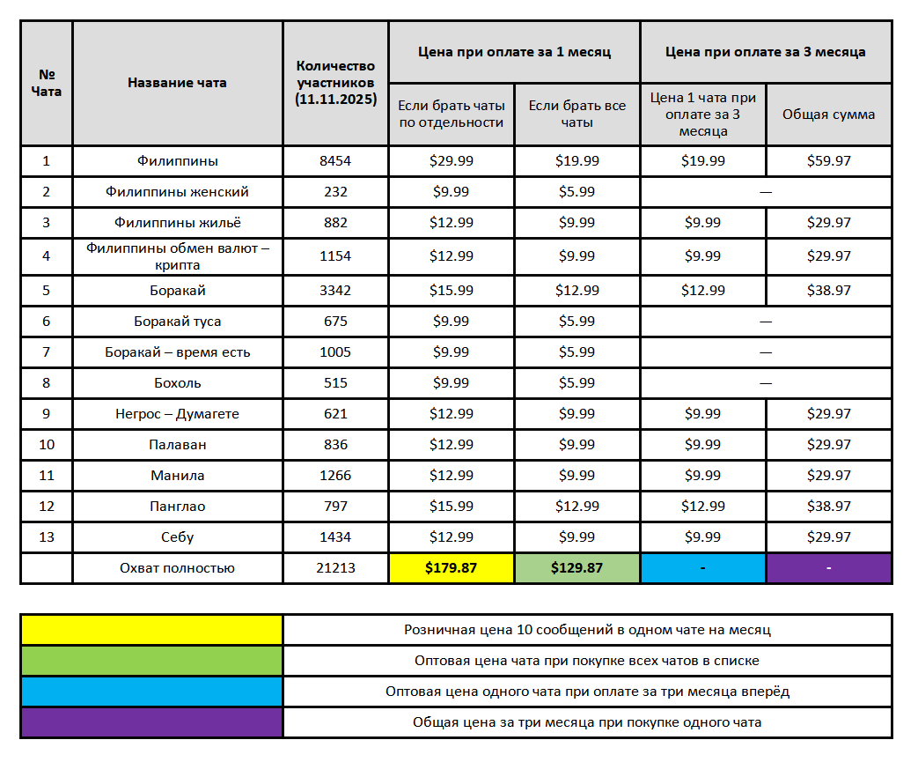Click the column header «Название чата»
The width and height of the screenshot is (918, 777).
click(x=177, y=83)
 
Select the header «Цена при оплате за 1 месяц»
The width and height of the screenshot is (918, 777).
click(x=514, y=52)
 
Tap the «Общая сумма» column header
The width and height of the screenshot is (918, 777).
click(x=829, y=115)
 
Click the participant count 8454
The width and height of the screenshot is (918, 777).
click(x=335, y=161)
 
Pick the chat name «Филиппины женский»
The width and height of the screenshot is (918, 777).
click(x=177, y=192)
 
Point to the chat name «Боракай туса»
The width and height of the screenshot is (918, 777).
click(x=177, y=322)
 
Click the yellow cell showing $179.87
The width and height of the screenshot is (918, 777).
click(x=451, y=568)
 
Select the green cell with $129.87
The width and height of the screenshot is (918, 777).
click(x=577, y=568)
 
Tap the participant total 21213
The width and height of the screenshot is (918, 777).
click(x=335, y=568)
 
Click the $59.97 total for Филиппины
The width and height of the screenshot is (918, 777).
click(x=829, y=161)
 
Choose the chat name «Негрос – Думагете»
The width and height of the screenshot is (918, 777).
click(x=177, y=414)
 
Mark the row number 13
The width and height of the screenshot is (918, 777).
click(x=47, y=537)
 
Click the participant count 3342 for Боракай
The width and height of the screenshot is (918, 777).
click(x=335, y=291)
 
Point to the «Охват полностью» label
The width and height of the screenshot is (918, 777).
click(x=177, y=568)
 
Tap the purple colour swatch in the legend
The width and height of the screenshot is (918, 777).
click(x=151, y=722)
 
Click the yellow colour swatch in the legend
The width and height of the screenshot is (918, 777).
click(x=151, y=630)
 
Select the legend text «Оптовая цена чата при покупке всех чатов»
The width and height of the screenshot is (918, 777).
click(x=587, y=661)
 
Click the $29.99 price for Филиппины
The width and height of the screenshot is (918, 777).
click(x=451, y=161)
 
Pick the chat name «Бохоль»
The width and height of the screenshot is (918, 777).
click(x=177, y=383)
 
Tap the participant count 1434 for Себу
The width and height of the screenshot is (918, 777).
click(x=335, y=537)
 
